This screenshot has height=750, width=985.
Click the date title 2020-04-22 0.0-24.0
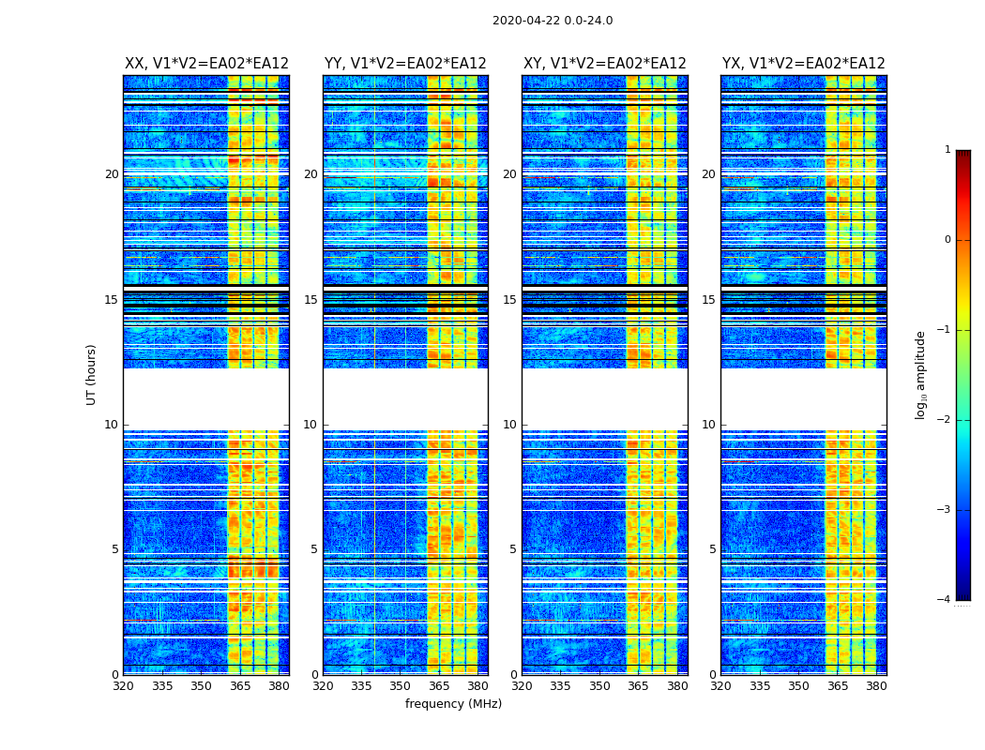click(x=552, y=21)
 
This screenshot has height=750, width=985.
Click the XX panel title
click(x=206, y=64)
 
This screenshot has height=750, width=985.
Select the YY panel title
click(x=405, y=64)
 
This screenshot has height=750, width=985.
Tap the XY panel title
click(x=604, y=64)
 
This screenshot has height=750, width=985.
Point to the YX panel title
click(x=803, y=64)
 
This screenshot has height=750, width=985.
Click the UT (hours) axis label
click(x=91, y=374)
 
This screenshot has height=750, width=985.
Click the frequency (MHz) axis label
click(x=453, y=704)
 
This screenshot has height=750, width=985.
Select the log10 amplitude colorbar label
click(x=921, y=374)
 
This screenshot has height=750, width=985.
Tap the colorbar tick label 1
click(x=947, y=150)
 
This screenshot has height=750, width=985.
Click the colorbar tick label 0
click(x=947, y=240)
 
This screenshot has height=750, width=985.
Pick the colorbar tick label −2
click(x=946, y=420)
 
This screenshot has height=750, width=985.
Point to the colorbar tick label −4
click(x=946, y=600)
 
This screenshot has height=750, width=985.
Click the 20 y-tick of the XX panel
click(x=112, y=174)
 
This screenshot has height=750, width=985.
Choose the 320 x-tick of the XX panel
click(x=123, y=686)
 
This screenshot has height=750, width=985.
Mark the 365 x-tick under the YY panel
click(x=439, y=686)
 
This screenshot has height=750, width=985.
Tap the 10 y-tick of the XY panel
click(x=509, y=425)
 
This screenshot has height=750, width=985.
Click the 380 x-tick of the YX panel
click(x=876, y=686)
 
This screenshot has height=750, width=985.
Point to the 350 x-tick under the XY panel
click(x=599, y=686)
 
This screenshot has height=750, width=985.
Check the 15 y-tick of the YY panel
click(x=311, y=300)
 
